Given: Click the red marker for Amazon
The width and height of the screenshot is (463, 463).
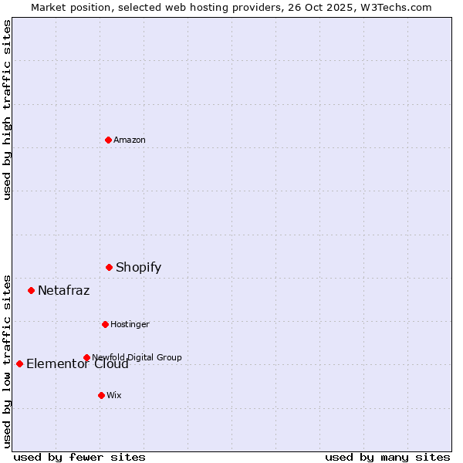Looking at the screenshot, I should pyautogui.click(x=108, y=140).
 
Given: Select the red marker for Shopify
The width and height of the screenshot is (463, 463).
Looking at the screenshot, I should pyautogui.click(x=109, y=267).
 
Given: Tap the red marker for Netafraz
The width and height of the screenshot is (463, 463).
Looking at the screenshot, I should pyautogui.click(x=31, y=290).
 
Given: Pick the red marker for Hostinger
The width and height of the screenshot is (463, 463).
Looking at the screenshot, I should pyautogui.click(x=105, y=324).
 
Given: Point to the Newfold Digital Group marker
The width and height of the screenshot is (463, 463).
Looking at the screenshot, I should pyautogui.click(x=86, y=357).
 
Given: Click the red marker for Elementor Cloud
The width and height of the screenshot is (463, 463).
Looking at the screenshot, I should pyautogui.click(x=19, y=363).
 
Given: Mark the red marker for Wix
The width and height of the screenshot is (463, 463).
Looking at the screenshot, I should pyautogui.click(x=101, y=395).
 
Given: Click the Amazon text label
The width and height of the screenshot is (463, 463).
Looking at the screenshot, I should pyautogui.click(x=129, y=140).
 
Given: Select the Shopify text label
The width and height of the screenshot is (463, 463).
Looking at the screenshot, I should pyautogui.click(x=138, y=268).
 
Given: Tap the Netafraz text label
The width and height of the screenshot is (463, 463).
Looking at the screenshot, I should pyautogui.click(x=63, y=291).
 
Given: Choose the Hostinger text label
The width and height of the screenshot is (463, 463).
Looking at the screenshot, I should pyautogui.click(x=130, y=324).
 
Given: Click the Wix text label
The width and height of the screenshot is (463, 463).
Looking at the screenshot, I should pyautogui.click(x=113, y=395).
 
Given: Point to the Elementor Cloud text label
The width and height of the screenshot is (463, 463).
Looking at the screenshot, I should pyautogui.click(x=77, y=364).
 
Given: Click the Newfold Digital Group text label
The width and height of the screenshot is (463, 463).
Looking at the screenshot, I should pyautogui.click(x=137, y=357).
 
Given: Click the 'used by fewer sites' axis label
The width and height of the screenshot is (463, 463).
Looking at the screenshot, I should pyautogui.click(x=79, y=457).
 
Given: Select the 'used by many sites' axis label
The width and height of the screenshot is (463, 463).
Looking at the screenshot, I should pyautogui.click(x=387, y=457).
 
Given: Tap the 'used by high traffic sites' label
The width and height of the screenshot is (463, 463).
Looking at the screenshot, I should pyautogui.click(x=7, y=110).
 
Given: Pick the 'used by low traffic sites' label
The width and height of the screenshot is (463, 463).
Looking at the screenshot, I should pyautogui.click(x=7, y=360).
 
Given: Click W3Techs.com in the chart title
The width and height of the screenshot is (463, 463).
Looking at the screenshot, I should pyautogui.click(x=397, y=7).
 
